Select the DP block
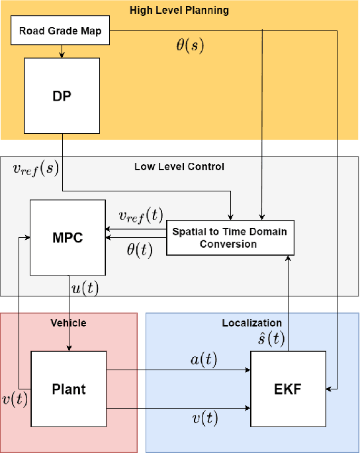tap(62, 95)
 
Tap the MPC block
tap(68, 237)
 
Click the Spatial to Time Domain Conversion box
tap(230, 237)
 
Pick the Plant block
tap(69, 388)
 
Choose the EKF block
tap(289, 388)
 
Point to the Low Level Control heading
tap(180, 166)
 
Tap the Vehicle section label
tap(69, 323)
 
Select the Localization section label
tap(252, 323)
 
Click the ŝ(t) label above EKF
tap(272, 339)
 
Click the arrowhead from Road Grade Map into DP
tap(62, 54)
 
